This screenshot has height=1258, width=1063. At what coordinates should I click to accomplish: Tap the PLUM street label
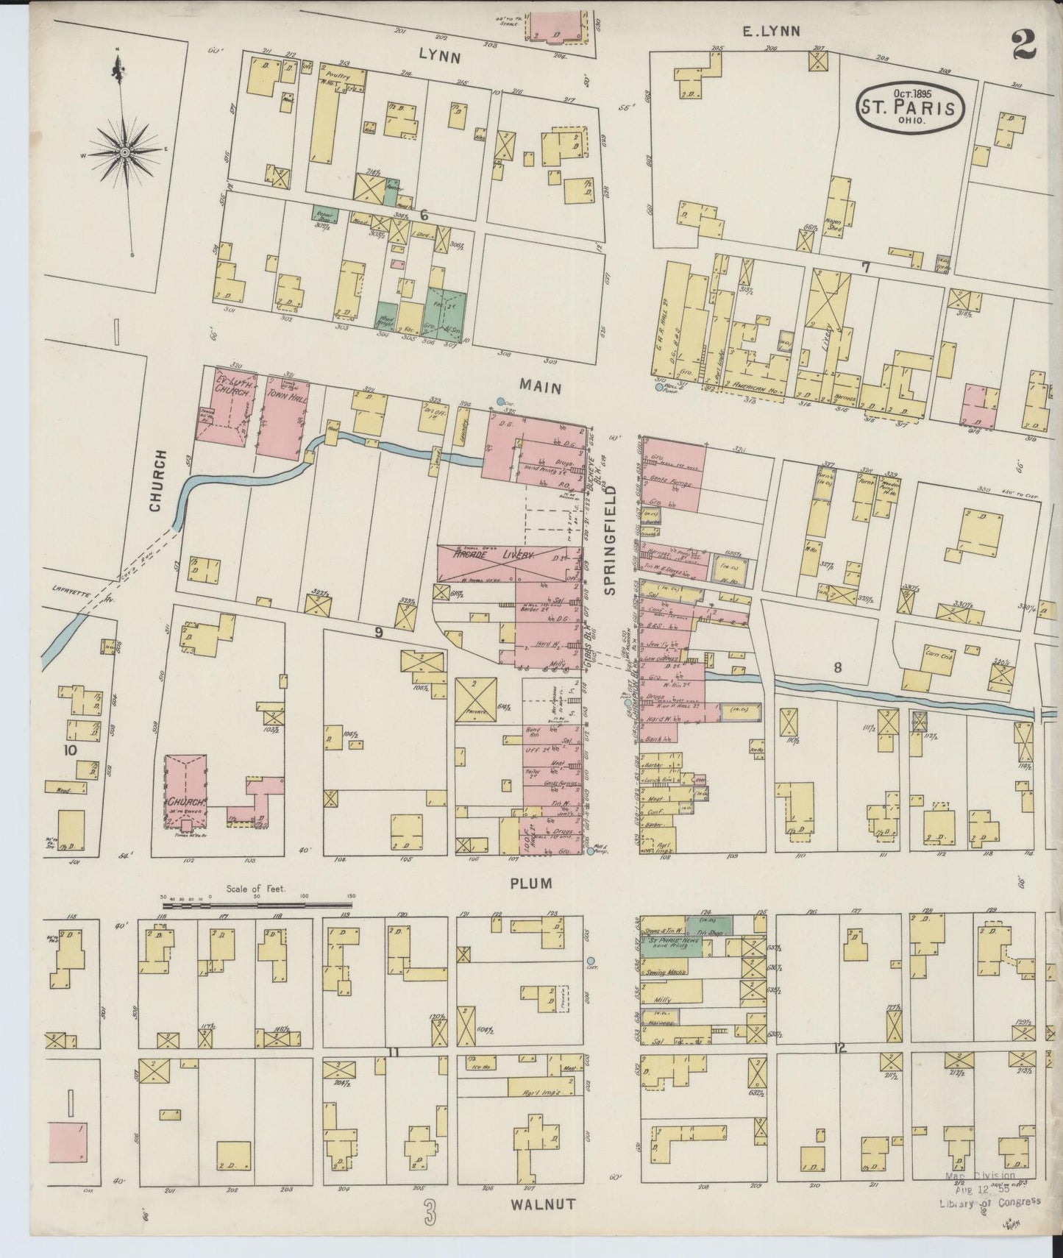531,883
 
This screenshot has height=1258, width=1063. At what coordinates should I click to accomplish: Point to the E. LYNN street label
769,30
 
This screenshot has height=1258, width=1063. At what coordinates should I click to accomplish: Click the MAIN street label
541,384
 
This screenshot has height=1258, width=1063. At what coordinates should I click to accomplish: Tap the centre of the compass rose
125,152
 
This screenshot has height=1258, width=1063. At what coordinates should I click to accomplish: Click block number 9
378,631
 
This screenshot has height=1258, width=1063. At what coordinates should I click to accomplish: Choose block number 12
839,1048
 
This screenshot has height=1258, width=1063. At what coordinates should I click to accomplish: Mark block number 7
866,267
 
